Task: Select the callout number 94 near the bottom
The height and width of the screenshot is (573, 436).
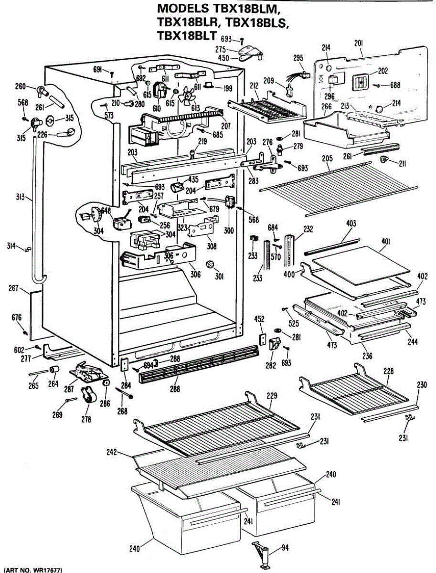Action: pyautogui.click(x=285, y=548)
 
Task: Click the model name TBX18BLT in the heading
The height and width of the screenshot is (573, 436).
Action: pyautogui.click(x=187, y=35)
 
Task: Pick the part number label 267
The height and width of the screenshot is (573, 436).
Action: pyautogui.click(x=13, y=288)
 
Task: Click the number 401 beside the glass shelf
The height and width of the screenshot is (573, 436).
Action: pyautogui.click(x=385, y=242)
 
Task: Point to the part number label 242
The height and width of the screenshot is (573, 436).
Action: pyautogui.click(x=113, y=452)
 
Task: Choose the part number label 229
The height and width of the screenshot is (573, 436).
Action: pyautogui.click(x=272, y=396)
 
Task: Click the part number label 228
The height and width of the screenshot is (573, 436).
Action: pyautogui.click(x=388, y=371)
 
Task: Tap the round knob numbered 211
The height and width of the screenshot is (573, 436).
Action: pyautogui.click(x=384, y=159)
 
